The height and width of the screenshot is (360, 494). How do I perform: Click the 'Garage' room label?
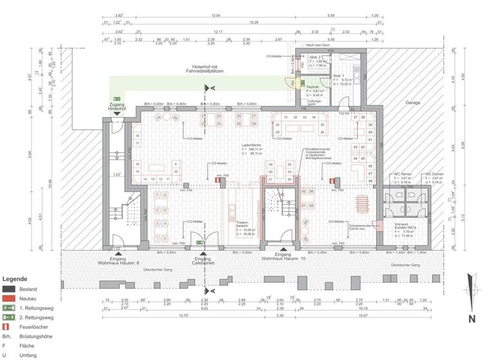click(x=412, y=103)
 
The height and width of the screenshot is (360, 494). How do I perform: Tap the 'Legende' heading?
click(x=15, y=280)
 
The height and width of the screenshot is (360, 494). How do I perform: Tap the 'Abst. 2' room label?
click(x=316, y=57)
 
